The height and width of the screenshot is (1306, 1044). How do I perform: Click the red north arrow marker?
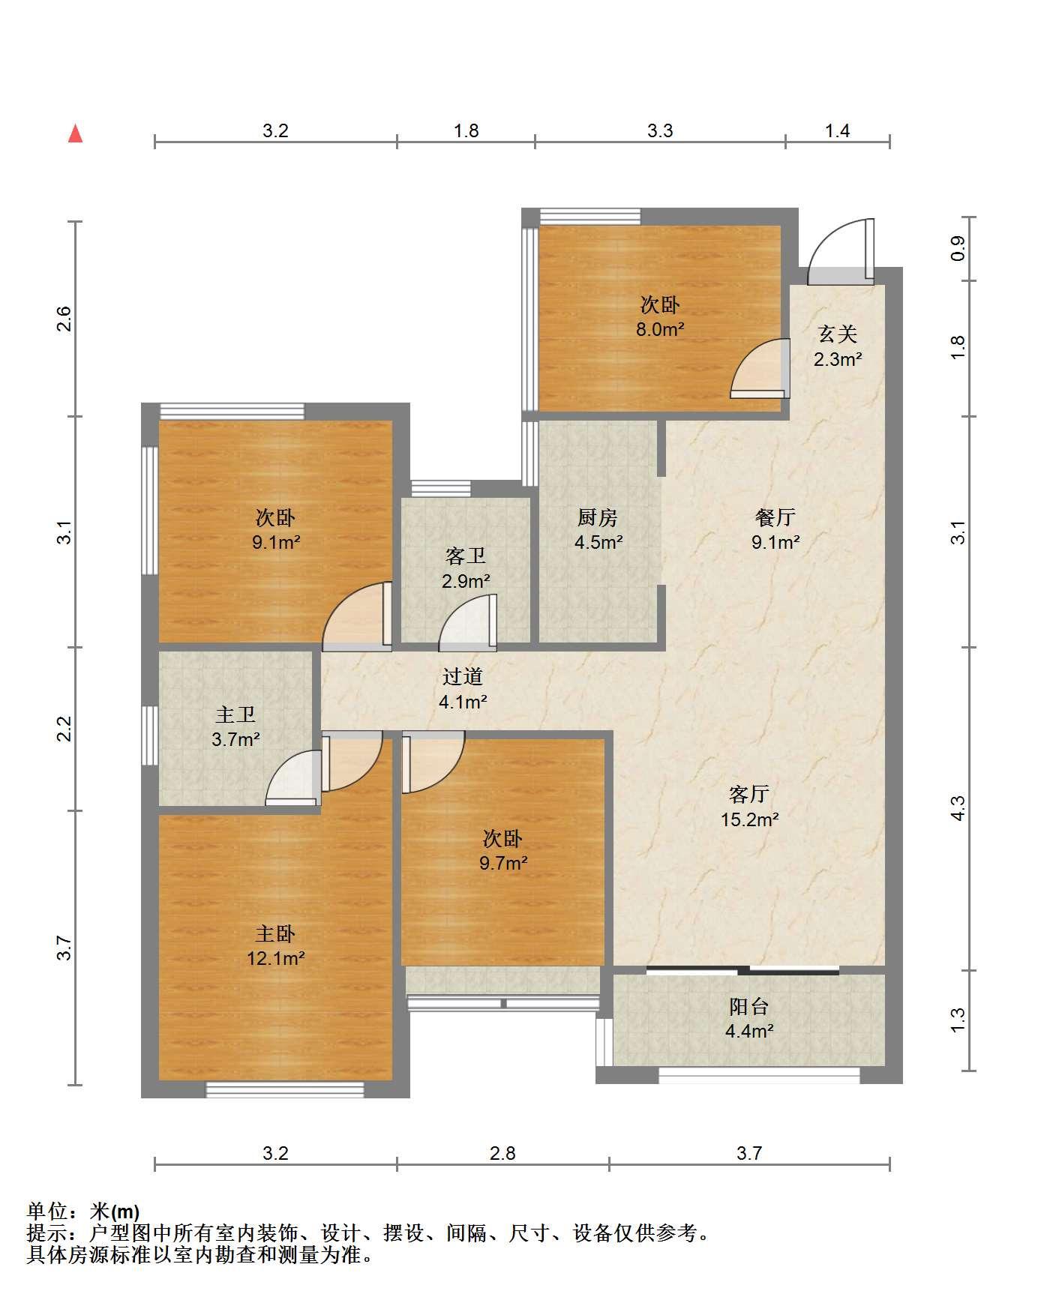tap(75, 133)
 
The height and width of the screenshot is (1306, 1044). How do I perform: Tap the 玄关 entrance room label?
tap(837, 334)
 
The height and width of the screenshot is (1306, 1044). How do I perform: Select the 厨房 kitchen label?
tap(598, 517)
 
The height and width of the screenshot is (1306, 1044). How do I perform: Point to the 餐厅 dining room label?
tap(775, 517)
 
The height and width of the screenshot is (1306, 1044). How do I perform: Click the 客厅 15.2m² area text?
tap(750, 819)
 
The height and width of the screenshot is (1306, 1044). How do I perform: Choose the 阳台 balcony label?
tap(749, 1007)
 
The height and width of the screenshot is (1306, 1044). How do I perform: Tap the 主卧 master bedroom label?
tap(275, 934)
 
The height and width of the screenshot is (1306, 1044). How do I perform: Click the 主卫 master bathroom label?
tap(235, 715)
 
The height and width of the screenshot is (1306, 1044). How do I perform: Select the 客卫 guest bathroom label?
tap(466, 556)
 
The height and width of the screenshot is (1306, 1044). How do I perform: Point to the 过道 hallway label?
tap(463, 677)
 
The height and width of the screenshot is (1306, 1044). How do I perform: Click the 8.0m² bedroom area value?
tap(660, 329)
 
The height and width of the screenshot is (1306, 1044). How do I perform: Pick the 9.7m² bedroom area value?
tap(503, 863)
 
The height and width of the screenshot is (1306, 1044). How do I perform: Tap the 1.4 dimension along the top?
tap(837, 131)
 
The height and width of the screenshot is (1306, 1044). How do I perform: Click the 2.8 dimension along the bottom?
tap(502, 1153)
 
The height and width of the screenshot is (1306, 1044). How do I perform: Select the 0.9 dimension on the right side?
tap(958, 249)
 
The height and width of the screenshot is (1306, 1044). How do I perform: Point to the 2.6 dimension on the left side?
tap(65, 319)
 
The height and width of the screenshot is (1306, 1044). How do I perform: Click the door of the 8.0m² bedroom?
tap(760, 368)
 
